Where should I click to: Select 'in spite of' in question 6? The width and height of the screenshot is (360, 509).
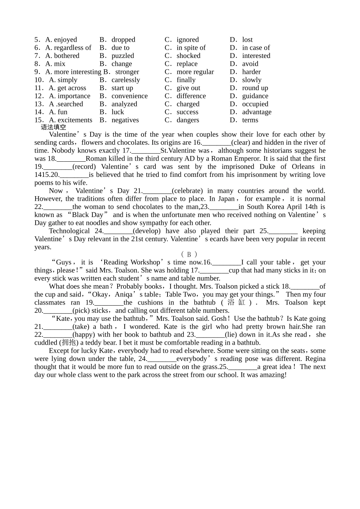coord(191,48)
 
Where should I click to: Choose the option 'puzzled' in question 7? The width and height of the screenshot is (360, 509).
coord(122,56)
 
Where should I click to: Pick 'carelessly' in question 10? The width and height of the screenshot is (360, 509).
coord(125,80)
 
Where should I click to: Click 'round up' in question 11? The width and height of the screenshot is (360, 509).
coord(255,88)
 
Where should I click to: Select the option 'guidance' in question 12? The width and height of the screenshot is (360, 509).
coord(255,96)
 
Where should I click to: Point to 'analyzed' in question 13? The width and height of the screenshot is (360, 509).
coord(124,104)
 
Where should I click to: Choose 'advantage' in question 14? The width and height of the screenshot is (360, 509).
coord(257,112)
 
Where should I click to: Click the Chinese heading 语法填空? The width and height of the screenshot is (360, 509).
coord(53,127)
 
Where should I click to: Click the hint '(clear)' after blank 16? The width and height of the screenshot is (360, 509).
coord(241,142)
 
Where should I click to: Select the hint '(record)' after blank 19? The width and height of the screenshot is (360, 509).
coord(84,167)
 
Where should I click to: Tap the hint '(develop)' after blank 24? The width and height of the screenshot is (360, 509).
coord(147,231)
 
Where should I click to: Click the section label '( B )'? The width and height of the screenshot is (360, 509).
coord(189,254)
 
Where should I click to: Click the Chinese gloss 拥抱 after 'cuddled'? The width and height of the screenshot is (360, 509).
coord(69,343)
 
